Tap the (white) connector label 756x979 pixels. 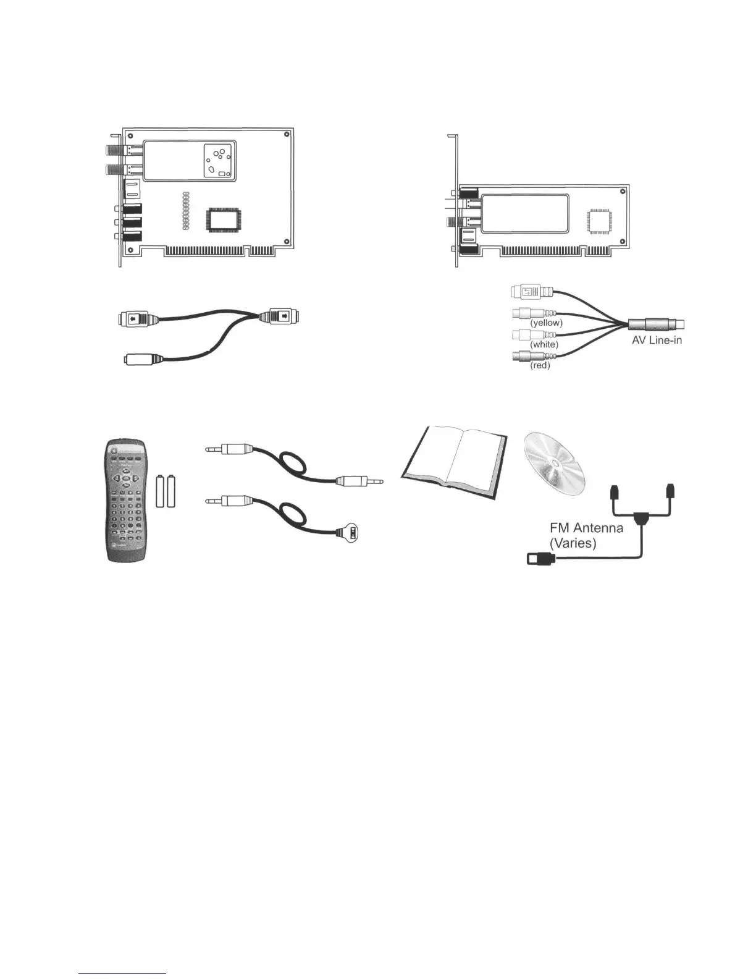point(544,344)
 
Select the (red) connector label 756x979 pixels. point(540,365)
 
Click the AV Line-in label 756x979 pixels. point(657,340)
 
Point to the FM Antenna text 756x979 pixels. point(586,528)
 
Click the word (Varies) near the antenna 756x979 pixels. point(573,544)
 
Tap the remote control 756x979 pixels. point(126,501)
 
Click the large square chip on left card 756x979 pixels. point(224,220)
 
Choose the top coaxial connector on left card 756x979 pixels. point(118,150)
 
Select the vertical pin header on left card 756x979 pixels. point(185,211)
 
